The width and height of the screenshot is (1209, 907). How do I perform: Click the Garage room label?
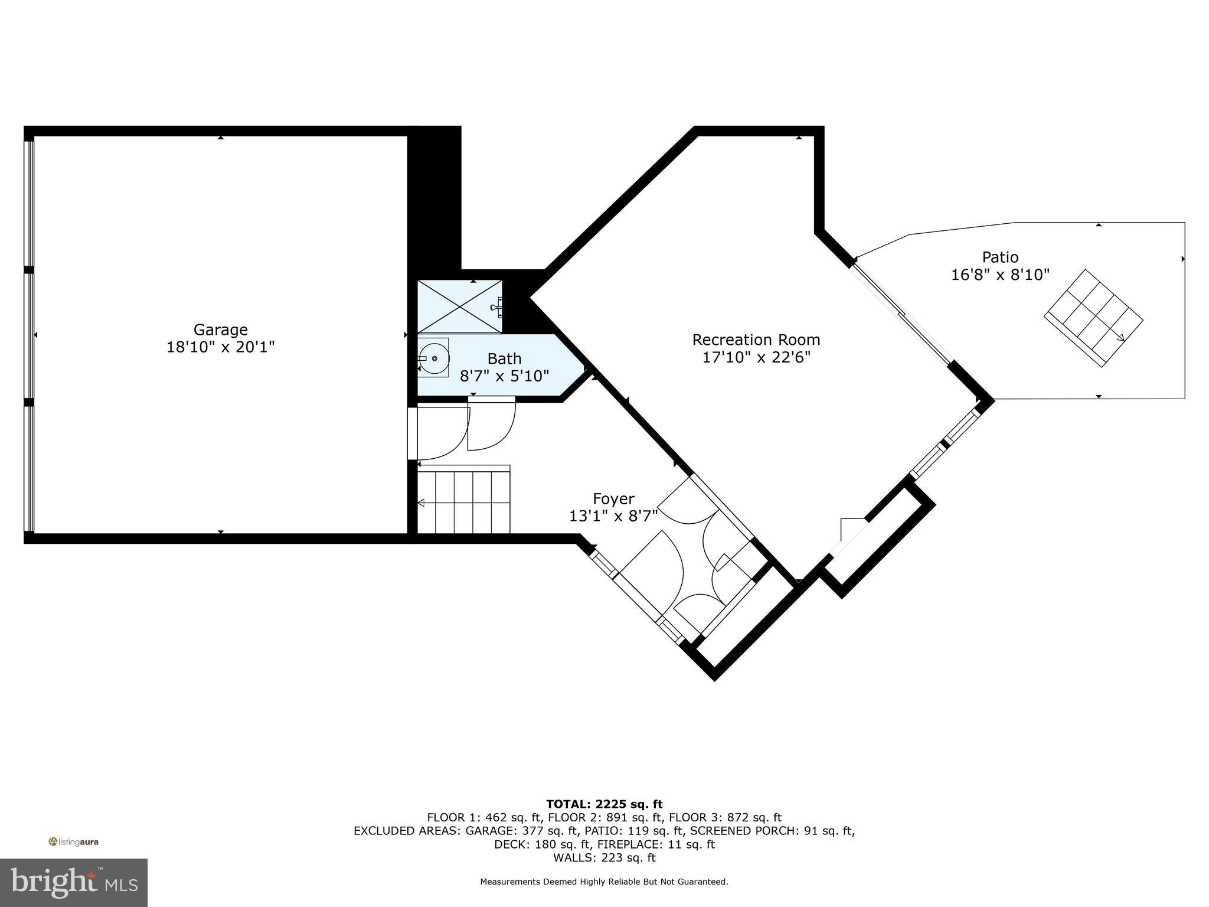(x=220, y=329)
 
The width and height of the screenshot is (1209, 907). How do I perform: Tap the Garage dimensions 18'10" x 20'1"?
(x=220, y=347)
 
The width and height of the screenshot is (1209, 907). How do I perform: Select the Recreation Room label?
(x=756, y=340)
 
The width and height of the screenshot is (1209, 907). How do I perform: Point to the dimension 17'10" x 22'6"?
(x=756, y=357)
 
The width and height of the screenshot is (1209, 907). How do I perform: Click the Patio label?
(x=1000, y=257)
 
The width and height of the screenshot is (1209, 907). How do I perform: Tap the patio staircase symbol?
(x=1093, y=319)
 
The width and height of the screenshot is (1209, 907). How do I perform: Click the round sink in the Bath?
(x=434, y=358)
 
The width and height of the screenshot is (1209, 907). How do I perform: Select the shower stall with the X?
(x=459, y=306)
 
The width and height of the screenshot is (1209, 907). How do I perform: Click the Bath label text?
(x=504, y=358)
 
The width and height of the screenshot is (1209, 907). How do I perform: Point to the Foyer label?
(x=613, y=499)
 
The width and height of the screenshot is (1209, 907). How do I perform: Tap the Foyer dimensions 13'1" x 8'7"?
(x=613, y=516)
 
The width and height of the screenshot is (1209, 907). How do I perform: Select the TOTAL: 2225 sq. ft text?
(x=604, y=804)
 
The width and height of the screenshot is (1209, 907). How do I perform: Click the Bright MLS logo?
(x=74, y=882)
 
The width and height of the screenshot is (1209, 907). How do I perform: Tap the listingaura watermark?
(x=74, y=841)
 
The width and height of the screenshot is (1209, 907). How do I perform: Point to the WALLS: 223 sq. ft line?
(x=604, y=857)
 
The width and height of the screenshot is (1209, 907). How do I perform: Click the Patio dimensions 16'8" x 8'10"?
(x=1000, y=275)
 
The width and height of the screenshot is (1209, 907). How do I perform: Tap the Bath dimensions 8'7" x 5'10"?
(x=504, y=376)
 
